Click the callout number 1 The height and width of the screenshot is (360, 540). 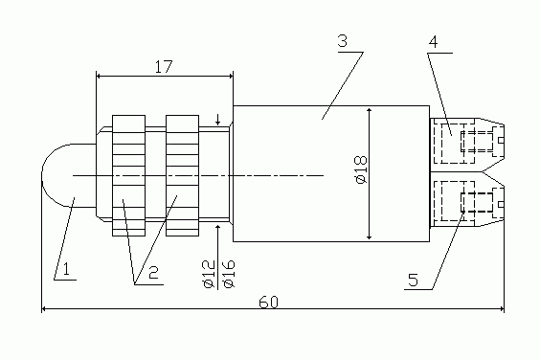(x=66, y=268)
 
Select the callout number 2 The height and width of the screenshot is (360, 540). (x=153, y=272)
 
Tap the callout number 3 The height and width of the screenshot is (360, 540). (x=343, y=40)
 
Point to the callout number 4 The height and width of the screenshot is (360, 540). (x=433, y=42)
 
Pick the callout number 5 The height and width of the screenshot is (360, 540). (x=413, y=280)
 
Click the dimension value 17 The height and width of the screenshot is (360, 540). (x=163, y=66)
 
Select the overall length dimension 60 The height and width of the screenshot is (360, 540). (x=268, y=303)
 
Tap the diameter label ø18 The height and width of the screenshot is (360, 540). (x=360, y=169)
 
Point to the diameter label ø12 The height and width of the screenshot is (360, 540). (x=209, y=274)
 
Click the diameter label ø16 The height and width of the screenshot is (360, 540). (x=228, y=274)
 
